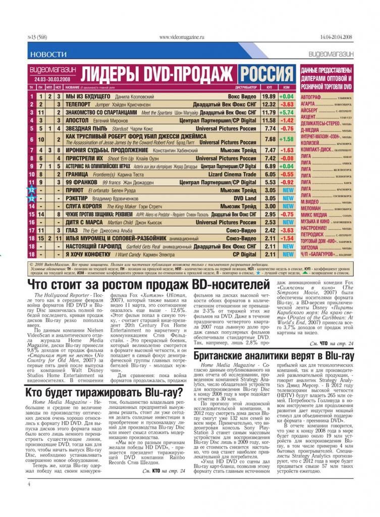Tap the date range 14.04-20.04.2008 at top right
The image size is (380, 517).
pyautogui.click(x=336, y=37)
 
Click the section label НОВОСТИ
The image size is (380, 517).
pyautogui.click(x=48, y=54)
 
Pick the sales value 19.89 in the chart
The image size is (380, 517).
pyautogui.click(x=268, y=96)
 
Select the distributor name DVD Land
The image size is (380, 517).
pyautogui.click(x=244, y=198)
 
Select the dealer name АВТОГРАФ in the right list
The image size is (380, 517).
pyautogui.click(x=310, y=96)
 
